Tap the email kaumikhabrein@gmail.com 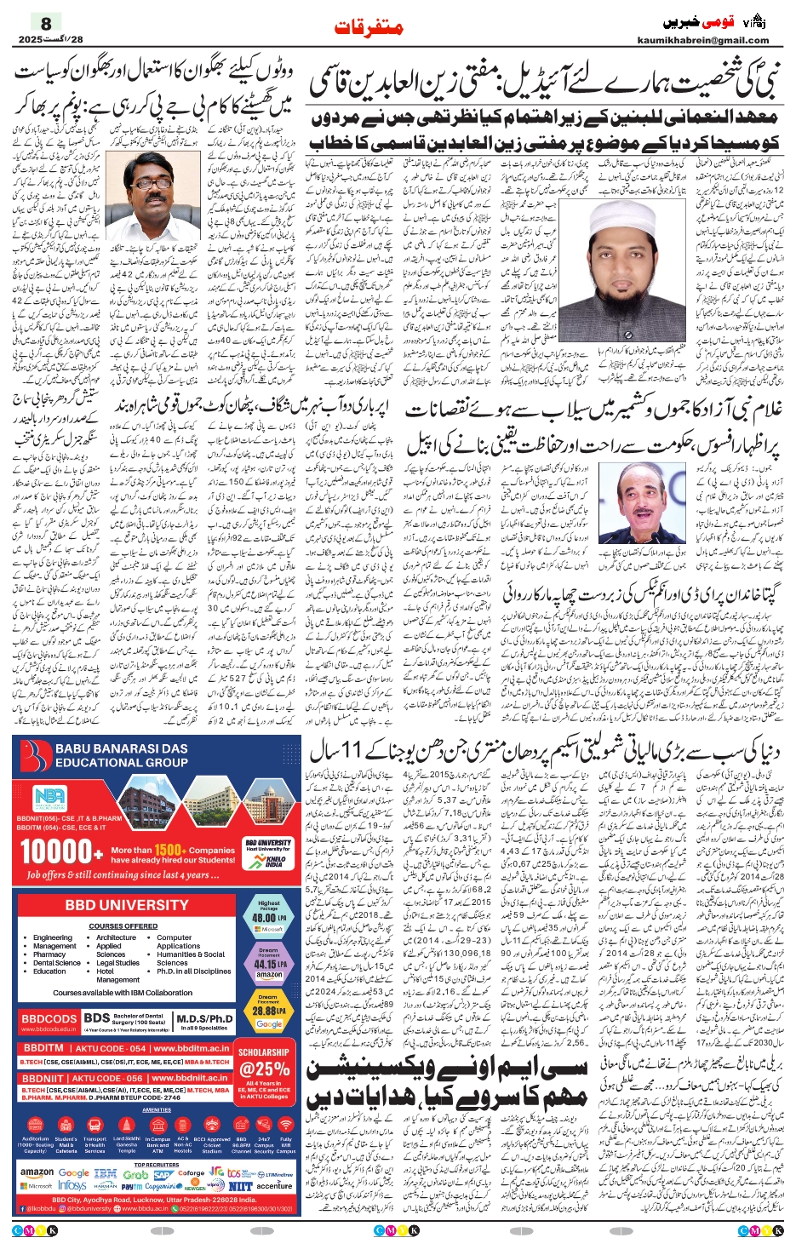point(702,40)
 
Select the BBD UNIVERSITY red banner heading point(127,905)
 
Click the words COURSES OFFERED point(123,925)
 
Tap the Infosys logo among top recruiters point(72,1184)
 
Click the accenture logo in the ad point(274,1185)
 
